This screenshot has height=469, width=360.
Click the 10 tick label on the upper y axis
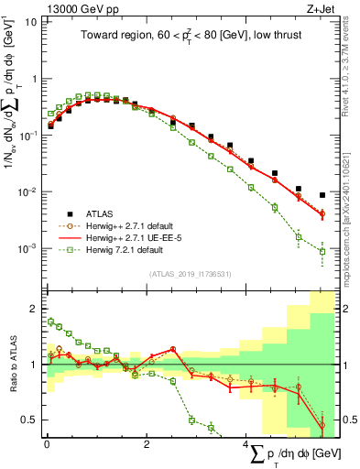30,21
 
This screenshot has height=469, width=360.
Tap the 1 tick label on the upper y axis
33,78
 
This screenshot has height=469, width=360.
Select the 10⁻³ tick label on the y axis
27,248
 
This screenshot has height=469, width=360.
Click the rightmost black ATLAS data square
322,195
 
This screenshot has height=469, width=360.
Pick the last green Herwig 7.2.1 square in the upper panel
322,251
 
